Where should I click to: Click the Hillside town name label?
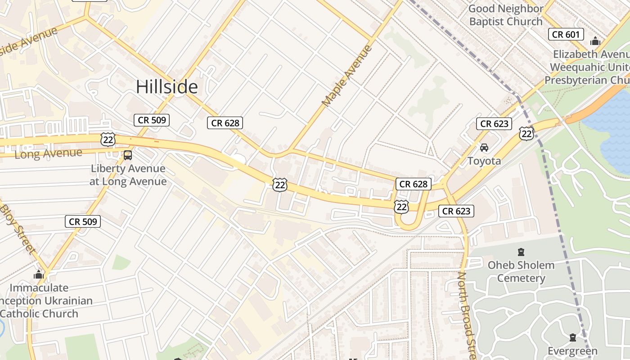click(167, 87)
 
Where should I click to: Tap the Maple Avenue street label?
click(347, 76)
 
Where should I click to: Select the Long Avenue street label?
click(49, 153)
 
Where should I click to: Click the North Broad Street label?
click(468, 315)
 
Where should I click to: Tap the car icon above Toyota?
click(484, 148)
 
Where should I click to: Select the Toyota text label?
click(484, 161)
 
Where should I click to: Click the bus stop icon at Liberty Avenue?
click(128, 155)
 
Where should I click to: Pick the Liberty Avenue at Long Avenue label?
click(128, 175)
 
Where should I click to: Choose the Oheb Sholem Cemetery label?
click(521, 271)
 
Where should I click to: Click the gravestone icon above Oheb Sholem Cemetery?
click(521, 252)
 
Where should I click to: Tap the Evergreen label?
click(572, 351)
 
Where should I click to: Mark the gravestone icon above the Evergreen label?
click(572, 337)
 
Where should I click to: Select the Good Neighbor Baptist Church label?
click(506, 15)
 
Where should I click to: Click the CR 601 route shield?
click(566, 34)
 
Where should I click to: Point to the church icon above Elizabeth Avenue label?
click(595, 41)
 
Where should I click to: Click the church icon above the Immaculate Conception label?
click(39, 274)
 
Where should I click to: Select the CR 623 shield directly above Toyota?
click(494, 124)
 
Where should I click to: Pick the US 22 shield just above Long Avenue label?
click(108, 139)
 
